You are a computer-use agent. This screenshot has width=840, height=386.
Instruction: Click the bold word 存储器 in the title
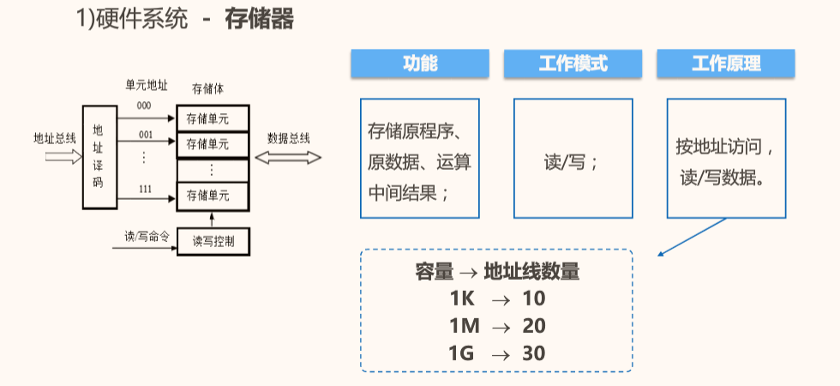(259, 20)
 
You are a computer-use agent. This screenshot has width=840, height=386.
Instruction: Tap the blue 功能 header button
(420, 63)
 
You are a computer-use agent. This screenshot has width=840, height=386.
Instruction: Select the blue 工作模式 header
(573, 63)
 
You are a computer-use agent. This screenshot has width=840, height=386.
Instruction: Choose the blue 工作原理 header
(726, 63)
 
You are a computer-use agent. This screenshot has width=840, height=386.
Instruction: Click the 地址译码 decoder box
(99, 157)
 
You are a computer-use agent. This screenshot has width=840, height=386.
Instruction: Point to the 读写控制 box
(213, 242)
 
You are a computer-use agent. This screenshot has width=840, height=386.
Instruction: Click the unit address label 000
(144, 106)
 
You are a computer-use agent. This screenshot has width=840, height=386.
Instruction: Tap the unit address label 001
(145, 135)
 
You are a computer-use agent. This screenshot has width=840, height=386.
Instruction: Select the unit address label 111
(145, 190)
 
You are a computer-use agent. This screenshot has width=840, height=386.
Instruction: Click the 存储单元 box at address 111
(213, 196)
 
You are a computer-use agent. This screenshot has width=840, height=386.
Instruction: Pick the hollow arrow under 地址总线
(63, 156)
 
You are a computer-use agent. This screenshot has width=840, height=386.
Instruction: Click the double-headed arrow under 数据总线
(288, 158)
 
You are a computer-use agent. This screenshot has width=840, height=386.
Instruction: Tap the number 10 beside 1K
(534, 299)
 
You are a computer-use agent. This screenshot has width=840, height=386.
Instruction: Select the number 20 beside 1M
(534, 326)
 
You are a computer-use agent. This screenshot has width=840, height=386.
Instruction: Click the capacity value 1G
(462, 353)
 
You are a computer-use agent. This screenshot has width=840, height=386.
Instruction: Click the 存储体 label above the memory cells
(207, 89)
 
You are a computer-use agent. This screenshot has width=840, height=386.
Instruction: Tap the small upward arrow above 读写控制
(213, 220)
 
